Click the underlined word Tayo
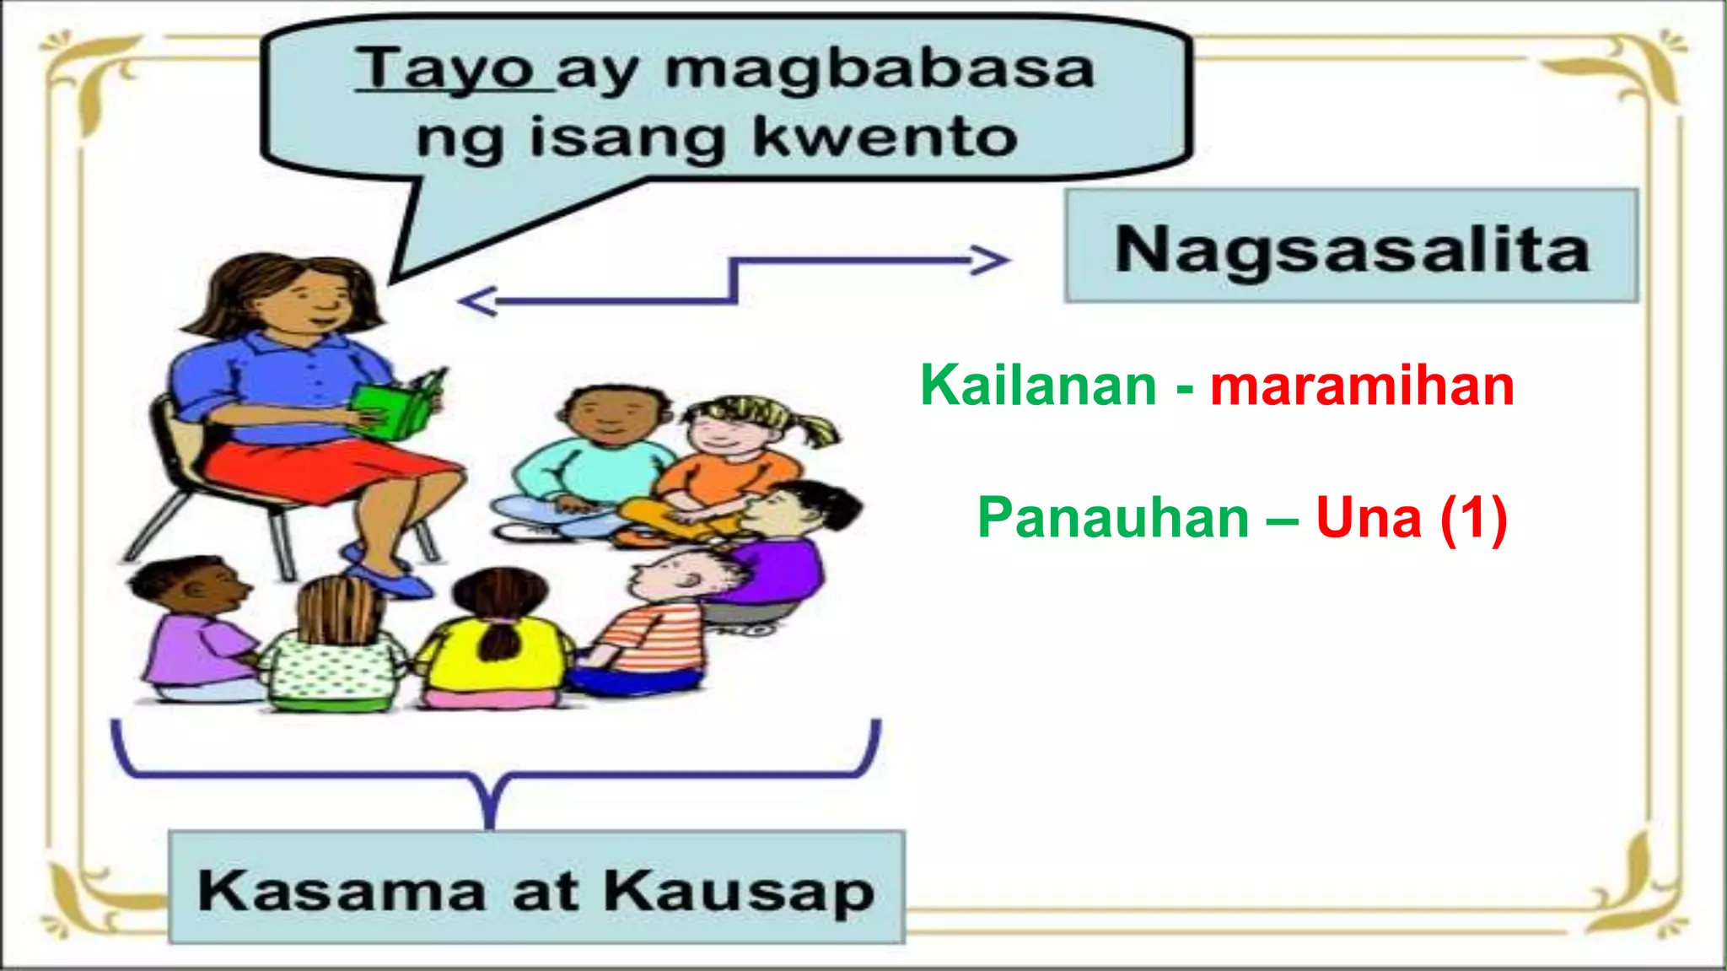pos(444,69)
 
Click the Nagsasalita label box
pos(1351,246)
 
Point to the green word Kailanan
pos(1038,386)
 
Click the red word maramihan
pos(1362,386)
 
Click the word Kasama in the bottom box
pos(342,890)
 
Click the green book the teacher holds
pos(396,408)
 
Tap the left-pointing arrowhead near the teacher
pos(477,301)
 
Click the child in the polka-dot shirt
pos(333,658)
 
